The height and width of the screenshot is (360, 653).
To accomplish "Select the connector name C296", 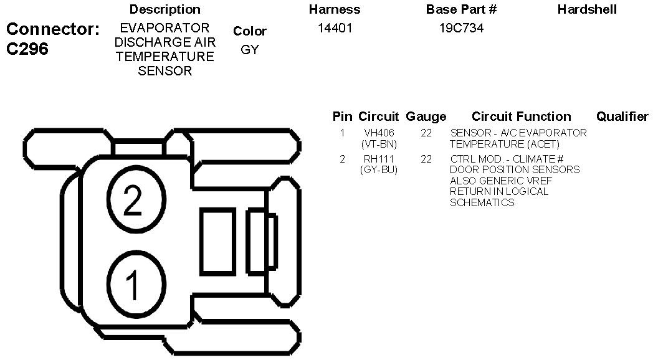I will pos(27,49).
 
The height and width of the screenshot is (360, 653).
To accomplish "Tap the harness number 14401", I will pos(335,28).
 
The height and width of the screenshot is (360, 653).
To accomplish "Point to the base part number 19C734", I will pos(461,28).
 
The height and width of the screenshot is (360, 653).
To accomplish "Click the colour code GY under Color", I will pos(249,50).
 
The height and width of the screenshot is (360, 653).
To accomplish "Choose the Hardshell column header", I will pos(587,9).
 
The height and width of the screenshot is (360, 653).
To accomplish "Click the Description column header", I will pos(164,9).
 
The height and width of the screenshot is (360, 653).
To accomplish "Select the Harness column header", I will pos(335,9).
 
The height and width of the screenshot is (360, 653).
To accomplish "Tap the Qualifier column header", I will pos(622,116).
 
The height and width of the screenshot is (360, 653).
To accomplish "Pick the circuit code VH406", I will pos(379,133).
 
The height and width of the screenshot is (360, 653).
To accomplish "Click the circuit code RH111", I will pos(379,159).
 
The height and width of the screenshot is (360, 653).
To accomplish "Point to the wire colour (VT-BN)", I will pos(379,144).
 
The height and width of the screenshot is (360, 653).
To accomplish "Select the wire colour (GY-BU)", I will pos(379,169).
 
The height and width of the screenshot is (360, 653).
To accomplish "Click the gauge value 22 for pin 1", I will pos(426,133).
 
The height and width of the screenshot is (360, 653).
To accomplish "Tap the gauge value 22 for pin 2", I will pos(426,159).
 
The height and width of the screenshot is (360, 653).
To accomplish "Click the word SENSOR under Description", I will pos(164,71).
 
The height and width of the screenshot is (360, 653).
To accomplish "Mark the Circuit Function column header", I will pos(521,116).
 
